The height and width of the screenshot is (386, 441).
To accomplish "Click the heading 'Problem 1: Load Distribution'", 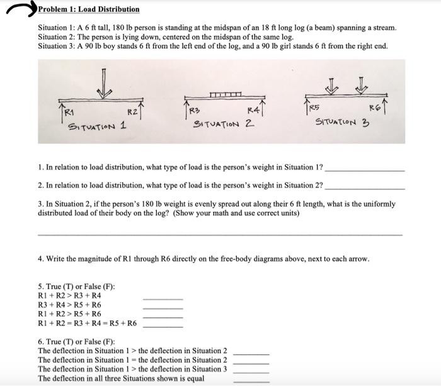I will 89,9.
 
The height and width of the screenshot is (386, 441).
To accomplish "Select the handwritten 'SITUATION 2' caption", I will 223,124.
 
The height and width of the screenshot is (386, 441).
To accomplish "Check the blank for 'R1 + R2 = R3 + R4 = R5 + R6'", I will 163,327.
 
